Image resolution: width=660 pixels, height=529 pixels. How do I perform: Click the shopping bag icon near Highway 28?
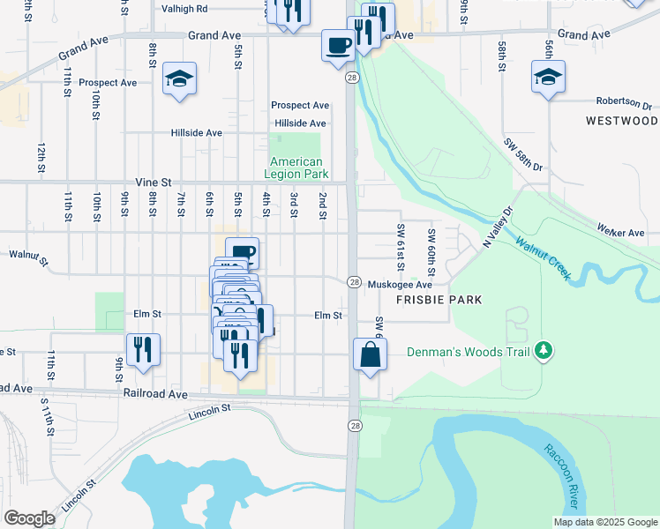(371, 354)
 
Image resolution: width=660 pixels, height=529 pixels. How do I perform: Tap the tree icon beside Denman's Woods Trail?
(544, 351)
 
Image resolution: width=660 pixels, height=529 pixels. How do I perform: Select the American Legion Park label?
(296, 168)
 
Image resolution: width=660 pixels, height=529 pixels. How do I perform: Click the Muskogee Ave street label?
(400, 285)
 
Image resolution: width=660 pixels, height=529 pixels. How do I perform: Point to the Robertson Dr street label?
(627, 101)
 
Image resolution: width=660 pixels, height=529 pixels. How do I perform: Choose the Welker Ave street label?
(622, 233)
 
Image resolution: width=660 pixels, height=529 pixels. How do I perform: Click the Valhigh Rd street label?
(184, 8)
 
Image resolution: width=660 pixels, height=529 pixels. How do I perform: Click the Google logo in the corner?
(29, 518)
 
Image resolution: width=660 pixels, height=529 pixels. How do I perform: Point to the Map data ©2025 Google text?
(604, 522)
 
